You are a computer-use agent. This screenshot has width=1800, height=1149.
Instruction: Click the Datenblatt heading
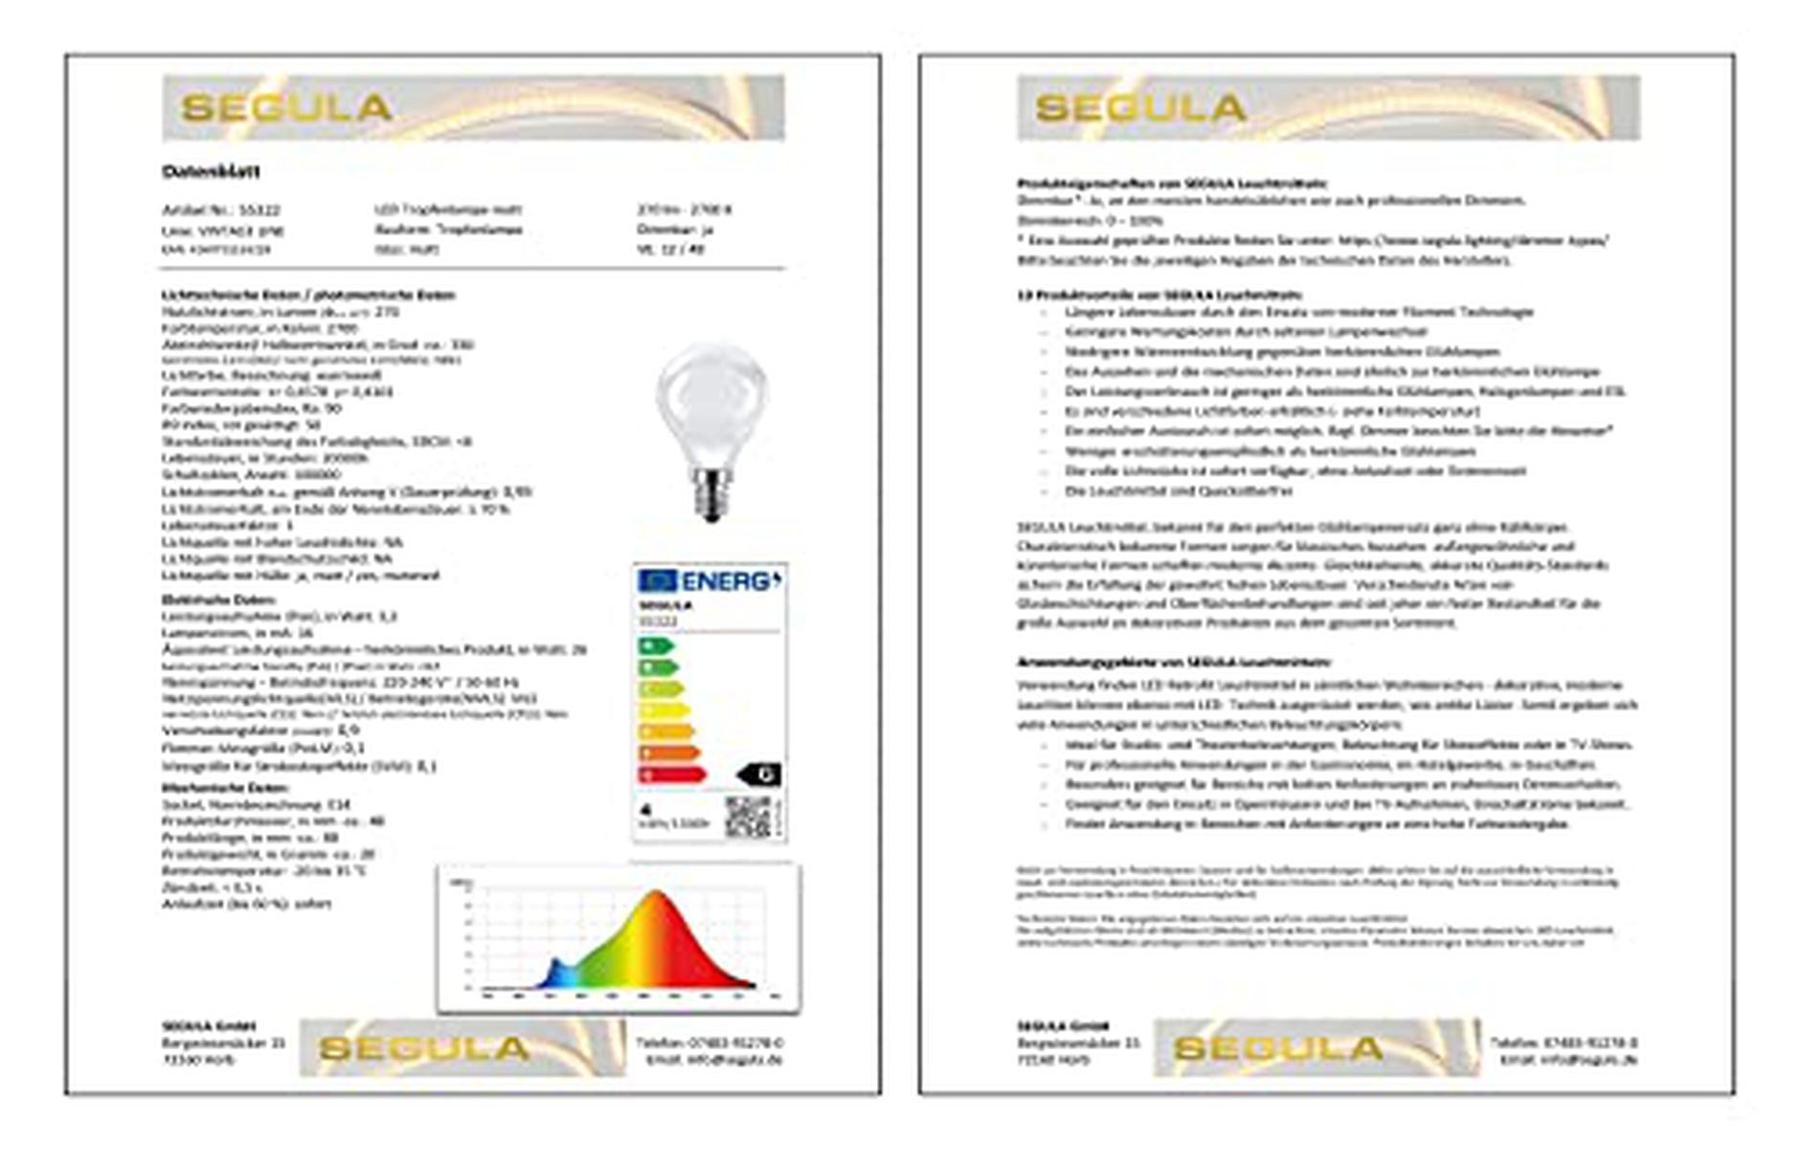click(x=211, y=171)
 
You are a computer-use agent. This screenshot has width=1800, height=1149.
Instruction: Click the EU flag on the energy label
click(x=658, y=580)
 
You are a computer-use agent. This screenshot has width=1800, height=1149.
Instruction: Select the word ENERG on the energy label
click(x=731, y=581)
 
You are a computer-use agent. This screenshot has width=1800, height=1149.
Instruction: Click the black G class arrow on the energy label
click(x=760, y=775)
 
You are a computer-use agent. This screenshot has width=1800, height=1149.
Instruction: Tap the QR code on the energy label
click(x=748, y=815)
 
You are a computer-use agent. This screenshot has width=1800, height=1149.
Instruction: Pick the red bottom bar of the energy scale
click(x=671, y=775)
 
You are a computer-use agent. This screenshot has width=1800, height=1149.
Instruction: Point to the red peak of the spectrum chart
click(x=657, y=905)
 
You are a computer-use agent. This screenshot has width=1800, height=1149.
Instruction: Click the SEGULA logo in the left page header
click(x=286, y=107)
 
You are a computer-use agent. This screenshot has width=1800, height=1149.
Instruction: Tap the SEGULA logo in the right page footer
click(x=1278, y=1048)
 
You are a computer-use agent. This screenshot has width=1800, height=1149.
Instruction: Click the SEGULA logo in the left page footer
click(x=423, y=1048)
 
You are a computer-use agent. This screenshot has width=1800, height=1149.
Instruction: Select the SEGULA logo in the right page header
click(x=1140, y=107)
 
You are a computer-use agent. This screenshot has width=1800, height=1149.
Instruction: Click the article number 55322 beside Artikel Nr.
click(x=259, y=210)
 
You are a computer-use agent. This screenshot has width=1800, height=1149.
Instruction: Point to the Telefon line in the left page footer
click(x=709, y=1042)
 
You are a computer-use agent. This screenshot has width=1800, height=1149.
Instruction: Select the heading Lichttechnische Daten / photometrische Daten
click(x=308, y=295)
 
